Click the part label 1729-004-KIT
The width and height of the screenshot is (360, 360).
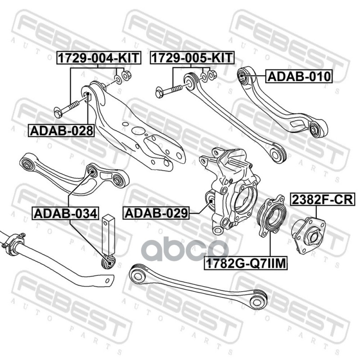coord(99,58)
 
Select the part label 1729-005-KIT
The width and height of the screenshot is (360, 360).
coord(192,58)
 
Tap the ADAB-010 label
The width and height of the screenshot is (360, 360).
coord(299,76)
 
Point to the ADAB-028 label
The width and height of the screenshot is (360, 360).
coord(61,130)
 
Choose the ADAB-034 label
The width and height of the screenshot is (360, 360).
coord(65,213)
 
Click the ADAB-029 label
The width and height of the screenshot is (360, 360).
coord(156,212)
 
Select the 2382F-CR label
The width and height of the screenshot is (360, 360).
coord(323,199)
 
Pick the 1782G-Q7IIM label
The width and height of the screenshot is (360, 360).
coord(246,263)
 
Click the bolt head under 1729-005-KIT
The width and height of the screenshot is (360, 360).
coord(160,92)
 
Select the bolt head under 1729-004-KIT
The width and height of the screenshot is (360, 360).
coord(58,112)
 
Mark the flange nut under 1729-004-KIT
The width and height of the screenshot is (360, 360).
coord(126,75)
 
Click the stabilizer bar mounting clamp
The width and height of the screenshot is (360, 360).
coord(13,243)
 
